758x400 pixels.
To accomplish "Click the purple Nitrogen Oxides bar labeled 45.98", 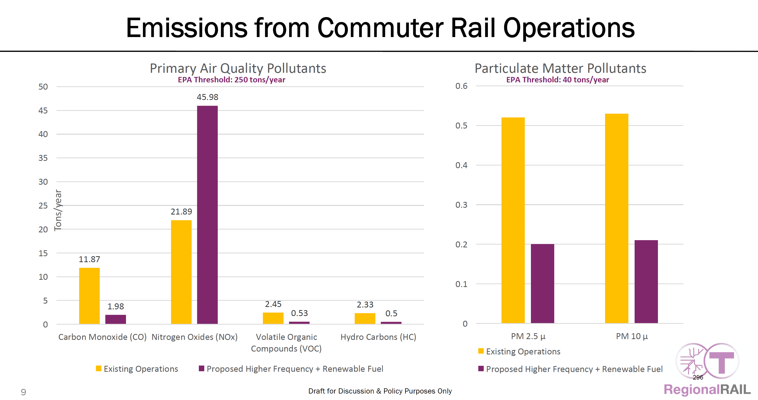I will [207, 215].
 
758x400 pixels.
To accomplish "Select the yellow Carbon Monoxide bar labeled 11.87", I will [89, 296].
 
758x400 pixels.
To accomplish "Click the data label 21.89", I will [181, 211].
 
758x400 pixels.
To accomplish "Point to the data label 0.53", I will [299, 313].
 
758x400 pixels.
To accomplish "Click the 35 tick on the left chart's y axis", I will [43, 158].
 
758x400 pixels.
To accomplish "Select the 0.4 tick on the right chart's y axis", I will [461, 165].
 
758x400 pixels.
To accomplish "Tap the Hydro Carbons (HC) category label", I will [378, 337].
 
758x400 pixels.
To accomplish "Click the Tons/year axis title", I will [58, 210].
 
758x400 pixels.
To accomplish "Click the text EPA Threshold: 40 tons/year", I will [557, 80].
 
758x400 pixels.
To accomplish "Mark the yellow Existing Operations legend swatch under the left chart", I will [99, 369].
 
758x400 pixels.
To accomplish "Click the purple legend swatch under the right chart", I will [481, 369].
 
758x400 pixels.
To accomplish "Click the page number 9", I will [23, 392].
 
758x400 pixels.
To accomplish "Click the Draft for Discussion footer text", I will [380, 391].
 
